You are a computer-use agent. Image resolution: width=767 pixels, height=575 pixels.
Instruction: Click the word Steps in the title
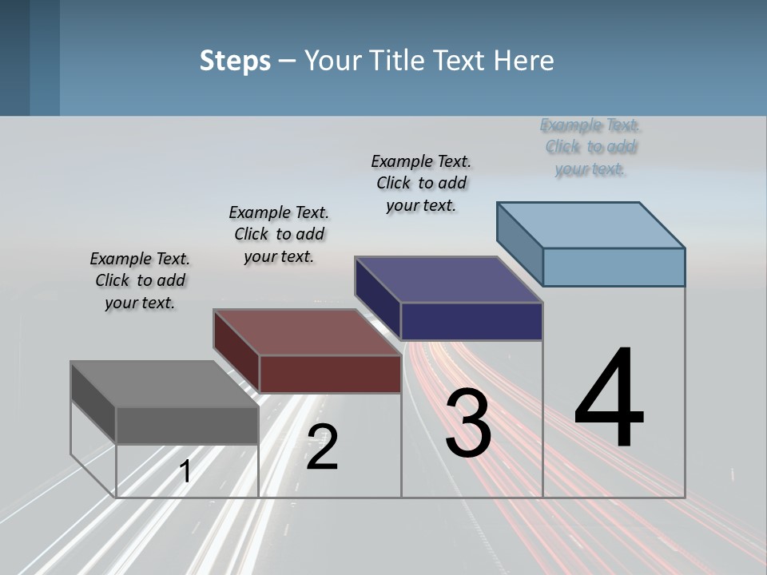point(235,61)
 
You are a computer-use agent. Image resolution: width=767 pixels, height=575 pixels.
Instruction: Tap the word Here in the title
point(523,61)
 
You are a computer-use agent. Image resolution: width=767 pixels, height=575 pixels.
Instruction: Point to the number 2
point(323,446)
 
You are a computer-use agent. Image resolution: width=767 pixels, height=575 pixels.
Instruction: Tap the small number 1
point(185,471)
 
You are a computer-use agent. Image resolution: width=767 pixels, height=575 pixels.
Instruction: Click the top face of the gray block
point(164,383)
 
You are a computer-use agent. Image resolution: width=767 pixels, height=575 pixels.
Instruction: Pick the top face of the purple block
point(448,280)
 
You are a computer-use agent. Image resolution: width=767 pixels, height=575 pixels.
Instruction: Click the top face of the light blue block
point(591,225)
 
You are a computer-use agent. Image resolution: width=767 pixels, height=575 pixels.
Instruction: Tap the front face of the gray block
point(187,425)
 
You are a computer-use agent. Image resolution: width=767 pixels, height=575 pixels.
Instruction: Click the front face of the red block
point(330,374)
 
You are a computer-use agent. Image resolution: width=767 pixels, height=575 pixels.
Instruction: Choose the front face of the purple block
point(471,321)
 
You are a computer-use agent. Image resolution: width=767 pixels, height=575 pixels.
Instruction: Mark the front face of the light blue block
point(614,267)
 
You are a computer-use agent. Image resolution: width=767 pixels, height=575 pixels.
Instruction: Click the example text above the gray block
point(140,280)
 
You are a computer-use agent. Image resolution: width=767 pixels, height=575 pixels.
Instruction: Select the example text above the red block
point(279,234)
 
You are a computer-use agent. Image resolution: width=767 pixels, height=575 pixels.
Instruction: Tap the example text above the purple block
point(421,183)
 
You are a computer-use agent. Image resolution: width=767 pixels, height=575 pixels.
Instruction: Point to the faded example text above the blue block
point(590,146)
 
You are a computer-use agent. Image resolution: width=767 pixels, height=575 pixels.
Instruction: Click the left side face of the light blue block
point(519,244)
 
